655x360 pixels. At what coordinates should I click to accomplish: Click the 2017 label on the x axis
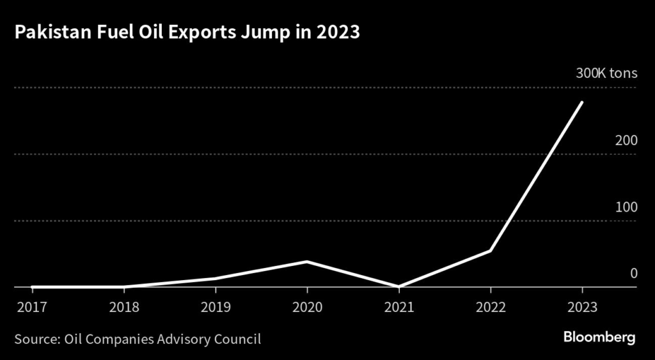point(31,306)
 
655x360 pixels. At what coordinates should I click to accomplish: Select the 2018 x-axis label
point(123,306)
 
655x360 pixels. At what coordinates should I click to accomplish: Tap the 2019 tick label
point(215,306)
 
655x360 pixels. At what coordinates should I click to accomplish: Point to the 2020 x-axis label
point(307,306)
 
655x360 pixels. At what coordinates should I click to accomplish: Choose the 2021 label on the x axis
point(399,306)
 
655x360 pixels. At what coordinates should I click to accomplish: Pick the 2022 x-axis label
point(490,306)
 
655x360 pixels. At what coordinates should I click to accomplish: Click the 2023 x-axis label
point(581,306)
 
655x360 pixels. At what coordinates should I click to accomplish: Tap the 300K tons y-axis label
point(606,74)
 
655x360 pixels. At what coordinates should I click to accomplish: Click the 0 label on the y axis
point(634,274)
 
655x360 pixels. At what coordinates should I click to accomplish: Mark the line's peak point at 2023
point(581,102)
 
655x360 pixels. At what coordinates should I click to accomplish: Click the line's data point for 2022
point(490,251)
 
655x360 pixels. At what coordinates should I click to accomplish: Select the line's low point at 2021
point(399,286)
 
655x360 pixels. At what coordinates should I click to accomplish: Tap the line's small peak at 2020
point(307,262)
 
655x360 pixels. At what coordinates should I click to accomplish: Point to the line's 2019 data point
point(215,278)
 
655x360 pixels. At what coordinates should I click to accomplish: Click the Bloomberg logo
point(599,337)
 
